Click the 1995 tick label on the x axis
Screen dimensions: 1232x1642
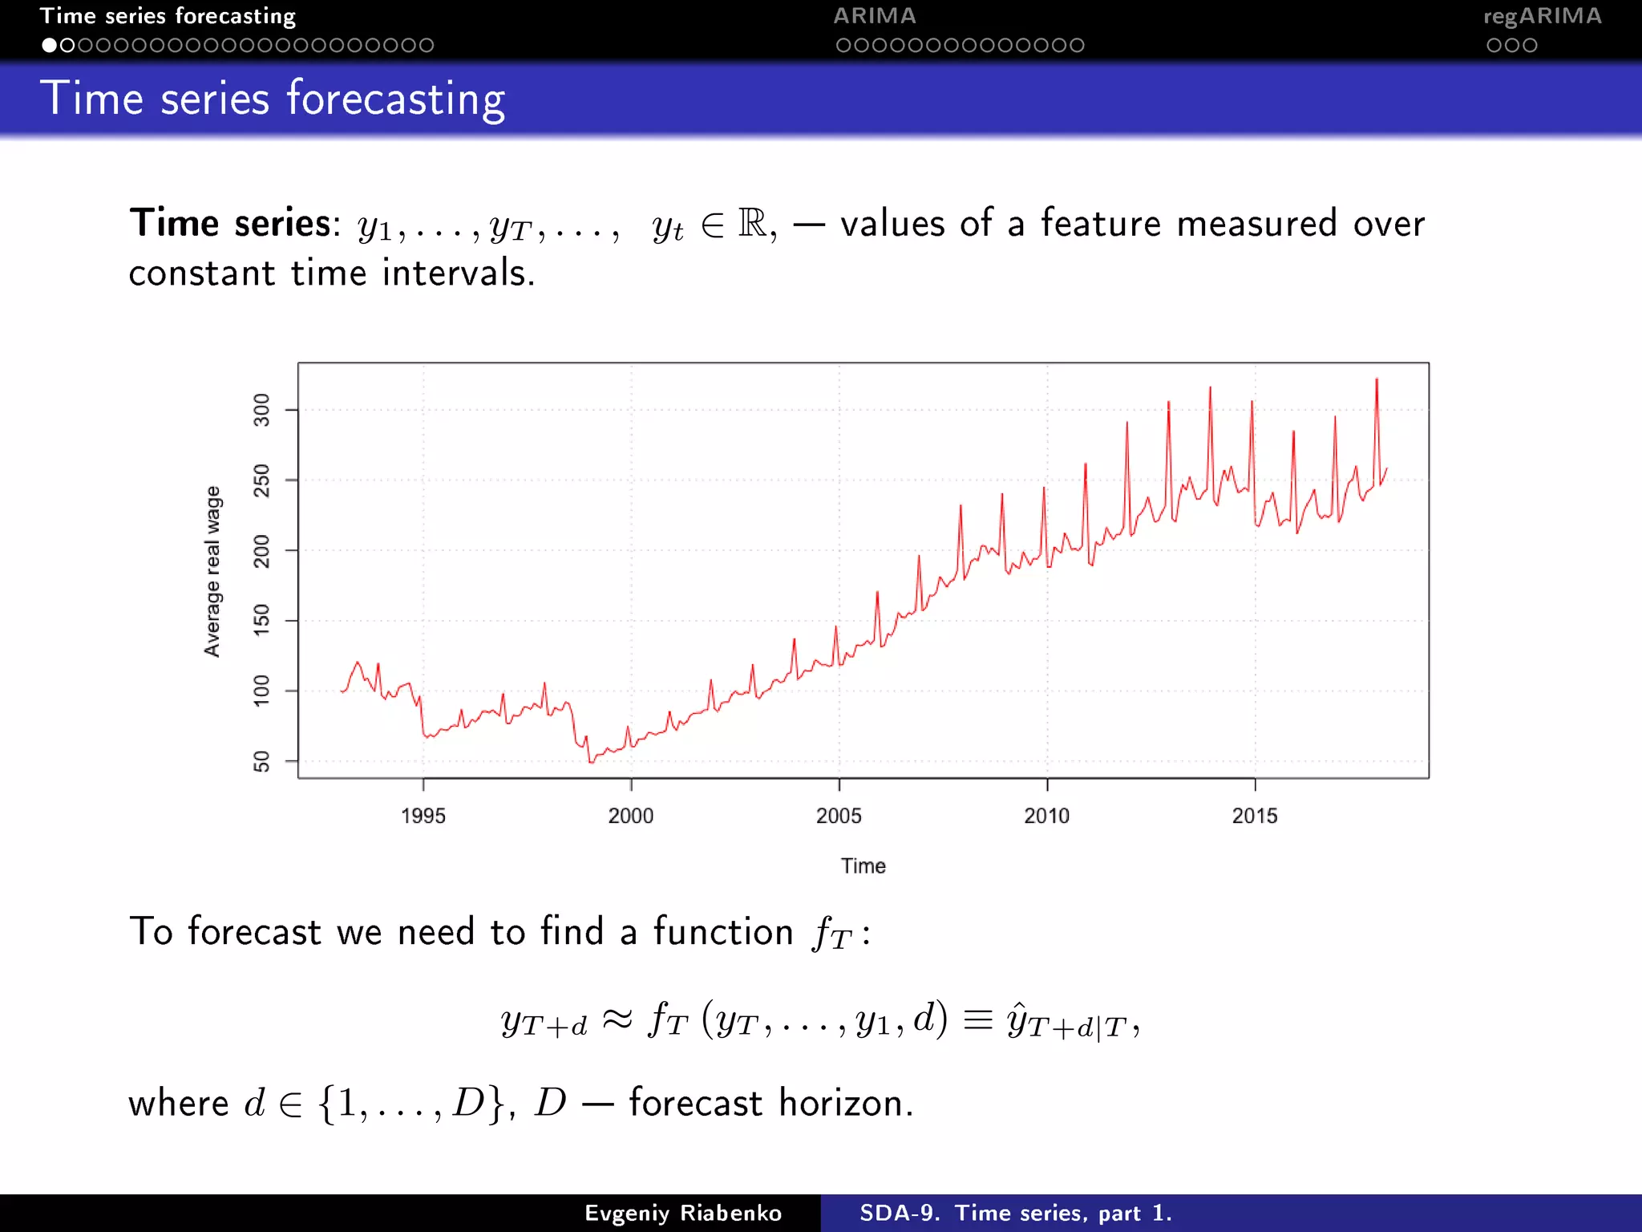tap(423, 816)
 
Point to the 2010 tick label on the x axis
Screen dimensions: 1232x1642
tap(1046, 816)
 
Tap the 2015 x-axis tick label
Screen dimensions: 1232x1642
tap(1254, 816)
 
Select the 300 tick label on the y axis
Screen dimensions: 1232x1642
tap(261, 410)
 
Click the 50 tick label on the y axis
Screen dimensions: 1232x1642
tap(261, 761)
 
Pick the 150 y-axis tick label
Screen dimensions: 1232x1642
tap(261, 620)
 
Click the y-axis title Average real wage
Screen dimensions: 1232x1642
tap(212, 571)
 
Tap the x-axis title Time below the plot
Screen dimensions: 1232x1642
tap(863, 866)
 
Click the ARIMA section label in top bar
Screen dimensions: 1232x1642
tap(874, 16)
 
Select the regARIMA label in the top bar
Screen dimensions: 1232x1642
tap(1542, 16)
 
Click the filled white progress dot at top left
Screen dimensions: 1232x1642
tap(50, 46)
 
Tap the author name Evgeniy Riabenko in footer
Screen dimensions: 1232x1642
tap(683, 1213)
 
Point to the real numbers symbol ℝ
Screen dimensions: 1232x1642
tap(752, 223)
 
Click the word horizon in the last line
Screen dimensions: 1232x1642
tap(845, 1103)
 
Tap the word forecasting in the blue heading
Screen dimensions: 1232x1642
tap(396, 99)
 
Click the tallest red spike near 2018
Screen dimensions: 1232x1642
tap(1377, 382)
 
